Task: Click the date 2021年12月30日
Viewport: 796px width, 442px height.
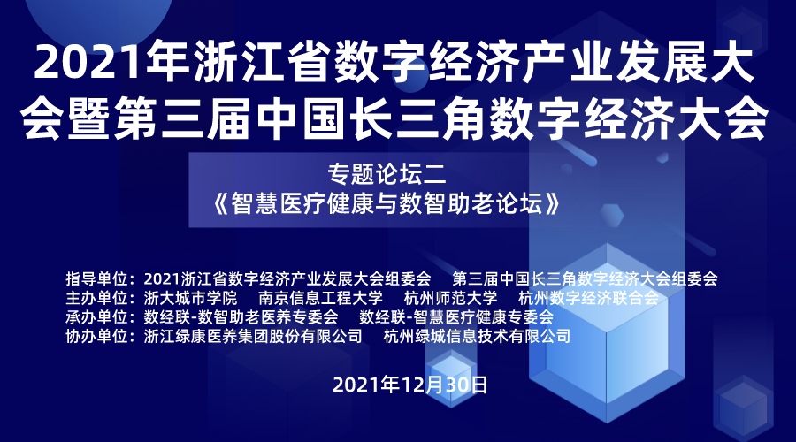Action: pos(410,385)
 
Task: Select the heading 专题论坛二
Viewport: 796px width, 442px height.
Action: pos(387,174)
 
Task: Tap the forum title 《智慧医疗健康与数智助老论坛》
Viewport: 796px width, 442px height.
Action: pos(387,204)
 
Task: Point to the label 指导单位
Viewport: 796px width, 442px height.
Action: pos(96,278)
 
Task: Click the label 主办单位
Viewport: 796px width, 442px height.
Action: pos(96,298)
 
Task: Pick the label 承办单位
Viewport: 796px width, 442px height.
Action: pos(96,317)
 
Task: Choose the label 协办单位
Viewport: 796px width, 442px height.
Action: pos(96,336)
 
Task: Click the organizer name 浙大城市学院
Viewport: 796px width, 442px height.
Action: pos(190,298)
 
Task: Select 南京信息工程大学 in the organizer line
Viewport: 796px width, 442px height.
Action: pos(320,298)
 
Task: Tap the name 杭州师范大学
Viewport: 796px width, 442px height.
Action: pos(450,298)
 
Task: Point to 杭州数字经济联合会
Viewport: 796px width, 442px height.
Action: pos(588,298)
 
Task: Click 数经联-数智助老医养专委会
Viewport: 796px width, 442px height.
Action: pos(241,317)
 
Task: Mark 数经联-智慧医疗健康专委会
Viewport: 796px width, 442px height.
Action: pos(456,317)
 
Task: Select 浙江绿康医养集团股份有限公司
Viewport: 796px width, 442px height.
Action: pos(253,336)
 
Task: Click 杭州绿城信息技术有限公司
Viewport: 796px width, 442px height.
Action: pos(478,336)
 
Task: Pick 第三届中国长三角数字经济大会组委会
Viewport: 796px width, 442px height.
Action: pos(585,278)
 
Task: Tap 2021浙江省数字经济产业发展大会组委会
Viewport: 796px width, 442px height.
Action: pos(287,278)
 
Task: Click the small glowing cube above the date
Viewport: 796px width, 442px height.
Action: pos(451,374)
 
